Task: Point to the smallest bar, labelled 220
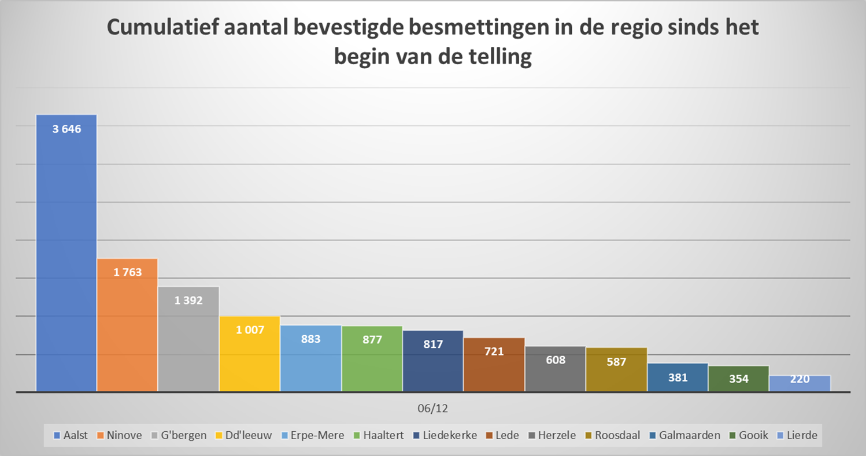click(x=800, y=384)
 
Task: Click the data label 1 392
click(x=188, y=300)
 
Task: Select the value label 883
click(x=310, y=340)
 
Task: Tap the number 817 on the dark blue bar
click(x=433, y=344)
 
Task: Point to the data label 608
click(x=555, y=359)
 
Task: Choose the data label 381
click(x=678, y=378)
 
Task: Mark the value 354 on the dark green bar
click(x=739, y=379)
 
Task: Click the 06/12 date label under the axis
click(x=432, y=409)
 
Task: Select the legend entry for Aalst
click(x=71, y=435)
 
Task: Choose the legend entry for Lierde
click(x=798, y=435)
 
